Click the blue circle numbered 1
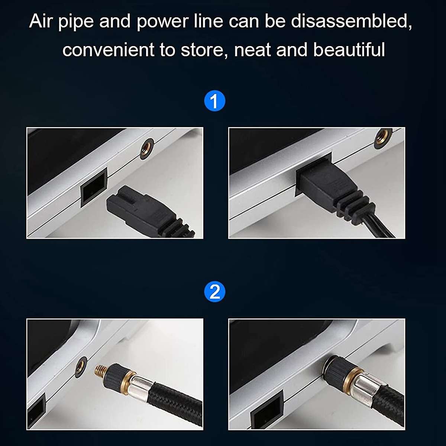point(215,101)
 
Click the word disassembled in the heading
point(351,21)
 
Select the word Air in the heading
point(42,21)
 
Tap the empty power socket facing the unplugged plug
point(93,185)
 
